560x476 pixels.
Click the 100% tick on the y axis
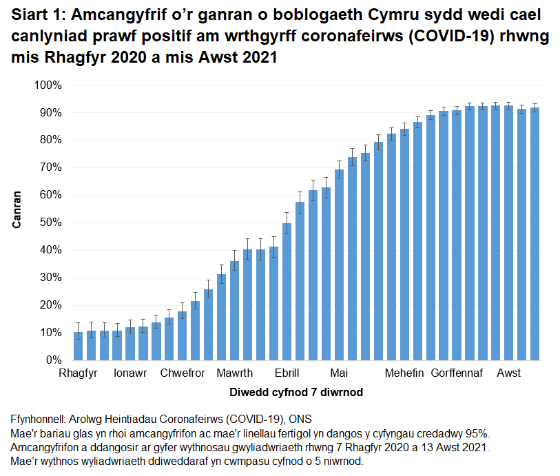pyautogui.click(x=48, y=85)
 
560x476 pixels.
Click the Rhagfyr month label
pyautogui.click(x=79, y=373)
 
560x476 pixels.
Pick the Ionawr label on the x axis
pyautogui.click(x=130, y=373)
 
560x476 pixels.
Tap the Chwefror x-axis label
pyautogui.click(x=183, y=373)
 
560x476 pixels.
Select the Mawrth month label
pyautogui.click(x=234, y=373)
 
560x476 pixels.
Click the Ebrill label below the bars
pyautogui.click(x=286, y=373)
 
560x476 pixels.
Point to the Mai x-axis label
pyautogui.click(x=338, y=373)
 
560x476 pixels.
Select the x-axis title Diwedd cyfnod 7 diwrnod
pyautogui.click(x=295, y=392)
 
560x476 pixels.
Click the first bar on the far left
pyautogui.click(x=79, y=346)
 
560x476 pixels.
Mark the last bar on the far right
pyautogui.click(x=535, y=234)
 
